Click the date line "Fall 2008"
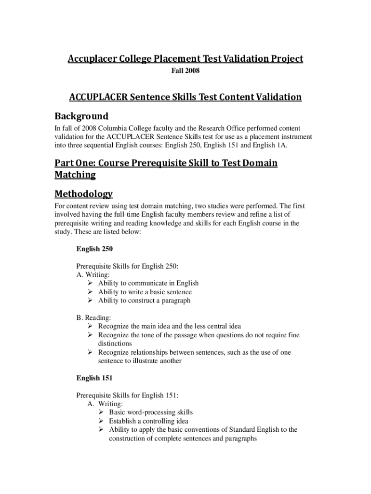(x=185, y=71)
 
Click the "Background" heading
(x=81, y=116)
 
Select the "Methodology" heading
(x=83, y=194)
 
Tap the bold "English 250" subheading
(x=94, y=249)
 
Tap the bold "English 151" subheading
(x=94, y=378)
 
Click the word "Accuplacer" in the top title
(x=93, y=59)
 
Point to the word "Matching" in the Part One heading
(x=75, y=174)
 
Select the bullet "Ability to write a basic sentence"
(x=145, y=292)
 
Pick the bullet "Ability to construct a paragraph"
(x=144, y=301)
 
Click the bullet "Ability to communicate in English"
(x=148, y=283)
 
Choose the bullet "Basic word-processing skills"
(x=150, y=412)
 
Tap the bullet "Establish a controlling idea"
(x=148, y=421)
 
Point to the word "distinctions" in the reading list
(x=115, y=343)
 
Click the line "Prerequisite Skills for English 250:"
(x=127, y=266)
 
